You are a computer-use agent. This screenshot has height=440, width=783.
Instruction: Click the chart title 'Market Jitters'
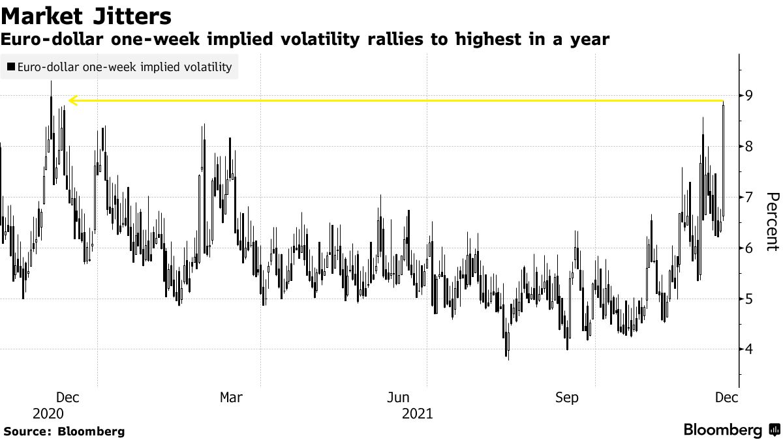point(87,16)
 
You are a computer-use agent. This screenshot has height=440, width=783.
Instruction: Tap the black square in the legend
point(11,66)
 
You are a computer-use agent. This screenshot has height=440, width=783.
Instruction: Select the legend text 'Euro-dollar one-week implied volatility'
point(125,66)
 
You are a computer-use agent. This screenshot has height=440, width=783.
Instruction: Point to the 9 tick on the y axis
point(750,96)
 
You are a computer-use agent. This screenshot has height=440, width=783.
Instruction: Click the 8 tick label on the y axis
point(750,147)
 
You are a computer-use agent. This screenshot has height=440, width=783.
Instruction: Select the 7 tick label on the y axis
point(750,197)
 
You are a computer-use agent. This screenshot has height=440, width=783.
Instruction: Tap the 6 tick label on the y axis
point(750,248)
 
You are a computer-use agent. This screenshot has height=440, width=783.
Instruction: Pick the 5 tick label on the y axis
point(750,299)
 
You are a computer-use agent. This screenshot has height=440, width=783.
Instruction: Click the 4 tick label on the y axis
point(750,349)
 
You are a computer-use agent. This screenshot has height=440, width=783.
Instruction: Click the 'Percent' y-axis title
point(772,222)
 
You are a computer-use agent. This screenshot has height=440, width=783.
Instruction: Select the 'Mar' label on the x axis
point(232,397)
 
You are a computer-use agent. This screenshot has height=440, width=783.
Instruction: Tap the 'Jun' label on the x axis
point(399,397)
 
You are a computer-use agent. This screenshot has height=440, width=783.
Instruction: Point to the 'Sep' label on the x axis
point(566,397)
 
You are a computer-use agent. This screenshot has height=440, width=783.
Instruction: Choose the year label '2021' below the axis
point(417,413)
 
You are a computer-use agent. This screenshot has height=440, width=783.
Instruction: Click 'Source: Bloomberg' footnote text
point(64,431)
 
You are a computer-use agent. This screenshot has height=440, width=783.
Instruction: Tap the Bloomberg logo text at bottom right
point(722,430)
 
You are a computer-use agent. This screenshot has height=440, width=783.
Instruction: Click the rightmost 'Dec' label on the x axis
point(727,397)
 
